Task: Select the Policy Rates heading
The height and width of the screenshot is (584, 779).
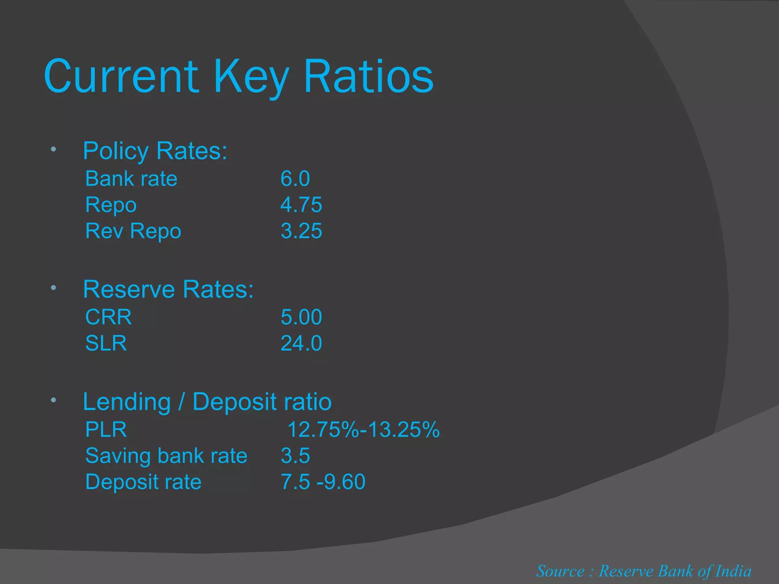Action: pyautogui.click(x=155, y=151)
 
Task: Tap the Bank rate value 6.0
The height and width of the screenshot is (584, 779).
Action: pyautogui.click(x=295, y=179)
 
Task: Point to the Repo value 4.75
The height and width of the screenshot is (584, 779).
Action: pyautogui.click(x=301, y=205)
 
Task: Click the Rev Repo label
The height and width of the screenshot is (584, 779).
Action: pyautogui.click(x=133, y=231)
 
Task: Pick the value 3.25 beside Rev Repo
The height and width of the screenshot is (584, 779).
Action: pyautogui.click(x=301, y=231)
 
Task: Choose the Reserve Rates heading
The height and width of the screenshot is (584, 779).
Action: pyautogui.click(x=168, y=289)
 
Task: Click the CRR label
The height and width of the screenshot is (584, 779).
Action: pyautogui.click(x=108, y=317)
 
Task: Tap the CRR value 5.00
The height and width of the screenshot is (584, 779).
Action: pyautogui.click(x=301, y=317)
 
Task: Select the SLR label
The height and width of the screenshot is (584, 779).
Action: pyautogui.click(x=106, y=343)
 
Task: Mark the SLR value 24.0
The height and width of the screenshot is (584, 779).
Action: pyautogui.click(x=301, y=343)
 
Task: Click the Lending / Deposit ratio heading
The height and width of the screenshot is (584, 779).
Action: pyautogui.click(x=207, y=402)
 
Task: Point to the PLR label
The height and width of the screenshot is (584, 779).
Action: pyautogui.click(x=106, y=430)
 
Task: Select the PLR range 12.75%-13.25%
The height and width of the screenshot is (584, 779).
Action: pyautogui.click(x=363, y=430)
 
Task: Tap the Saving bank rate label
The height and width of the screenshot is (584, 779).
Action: pyautogui.click(x=166, y=456)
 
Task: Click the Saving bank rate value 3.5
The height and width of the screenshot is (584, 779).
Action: pyautogui.click(x=295, y=456)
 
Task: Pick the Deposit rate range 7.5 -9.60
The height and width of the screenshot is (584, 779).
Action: pyautogui.click(x=323, y=482)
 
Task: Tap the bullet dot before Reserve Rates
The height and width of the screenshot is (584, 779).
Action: pyautogui.click(x=54, y=288)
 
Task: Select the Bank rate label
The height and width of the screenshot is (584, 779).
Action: pyautogui.click(x=131, y=179)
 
